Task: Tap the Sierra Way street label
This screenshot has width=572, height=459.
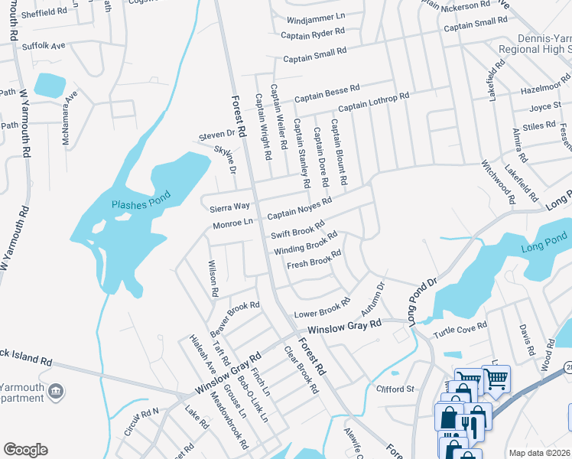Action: pos(231,207)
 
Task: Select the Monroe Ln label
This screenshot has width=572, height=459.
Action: pos(232,223)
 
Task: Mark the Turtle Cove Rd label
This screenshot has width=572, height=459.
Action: pos(460,327)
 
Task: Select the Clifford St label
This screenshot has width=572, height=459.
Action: pos(395,389)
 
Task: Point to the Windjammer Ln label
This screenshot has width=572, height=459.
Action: pos(316,16)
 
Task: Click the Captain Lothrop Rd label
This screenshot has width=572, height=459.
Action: pos(374,102)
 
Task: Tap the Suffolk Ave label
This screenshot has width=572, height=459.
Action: pos(43,46)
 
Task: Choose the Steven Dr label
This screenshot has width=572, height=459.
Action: pos(217,134)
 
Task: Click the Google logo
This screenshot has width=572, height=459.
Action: pos(25,450)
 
